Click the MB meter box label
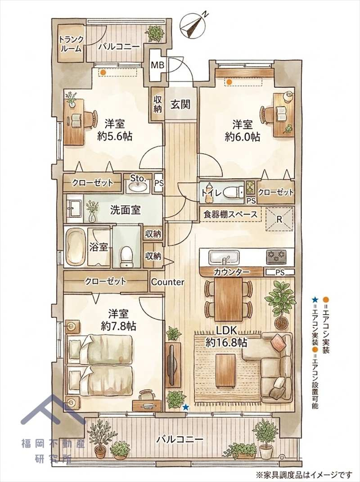point(157,65)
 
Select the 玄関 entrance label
point(180,104)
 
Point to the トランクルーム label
point(71,44)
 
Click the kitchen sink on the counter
point(224,257)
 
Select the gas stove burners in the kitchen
point(276,257)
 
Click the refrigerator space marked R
point(279,219)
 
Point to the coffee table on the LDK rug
point(225,370)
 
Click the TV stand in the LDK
point(173,364)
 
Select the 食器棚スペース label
point(230,214)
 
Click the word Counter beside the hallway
point(167,282)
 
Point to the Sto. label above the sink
point(137,178)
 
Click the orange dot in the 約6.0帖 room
point(229,82)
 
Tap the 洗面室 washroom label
point(126,210)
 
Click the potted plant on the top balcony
point(154,33)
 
